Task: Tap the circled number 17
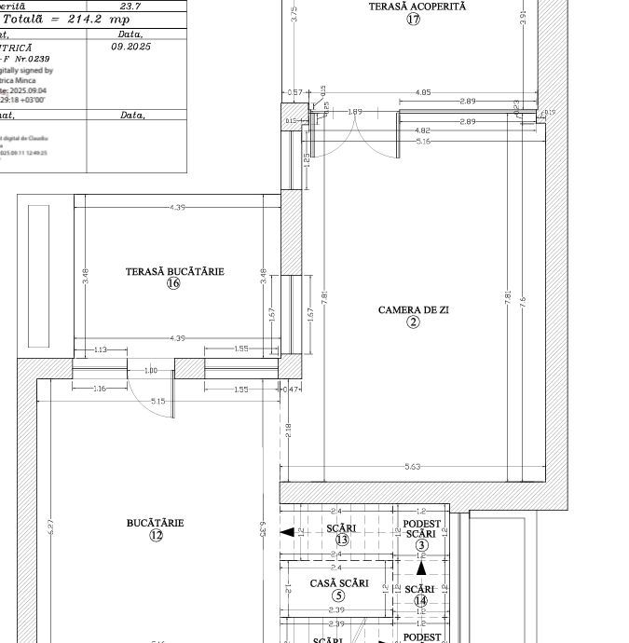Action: (x=413, y=20)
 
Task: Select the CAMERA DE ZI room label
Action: (x=413, y=309)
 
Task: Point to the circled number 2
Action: (x=413, y=322)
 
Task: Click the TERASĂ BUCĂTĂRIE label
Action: (x=174, y=272)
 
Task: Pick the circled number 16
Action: (x=173, y=284)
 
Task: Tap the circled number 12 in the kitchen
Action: (x=156, y=536)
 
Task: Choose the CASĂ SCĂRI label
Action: (x=338, y=584)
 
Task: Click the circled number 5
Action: (x=338, y=596)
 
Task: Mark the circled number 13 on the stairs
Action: (x=341, y=540)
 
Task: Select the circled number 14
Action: (x=420, y=602)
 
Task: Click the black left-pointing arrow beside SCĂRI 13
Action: (x=288, y=532)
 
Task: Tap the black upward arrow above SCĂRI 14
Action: (x=421, y=568)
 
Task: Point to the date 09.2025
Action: (x=130, y=46)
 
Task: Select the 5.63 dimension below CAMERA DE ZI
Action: (x=413, y=467)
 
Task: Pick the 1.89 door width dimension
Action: (x=355, y=112)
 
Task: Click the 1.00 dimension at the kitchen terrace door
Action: (x=151, y=371)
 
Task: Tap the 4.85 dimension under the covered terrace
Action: (x=423, y=92)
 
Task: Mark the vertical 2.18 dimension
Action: (x=288, y=429)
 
